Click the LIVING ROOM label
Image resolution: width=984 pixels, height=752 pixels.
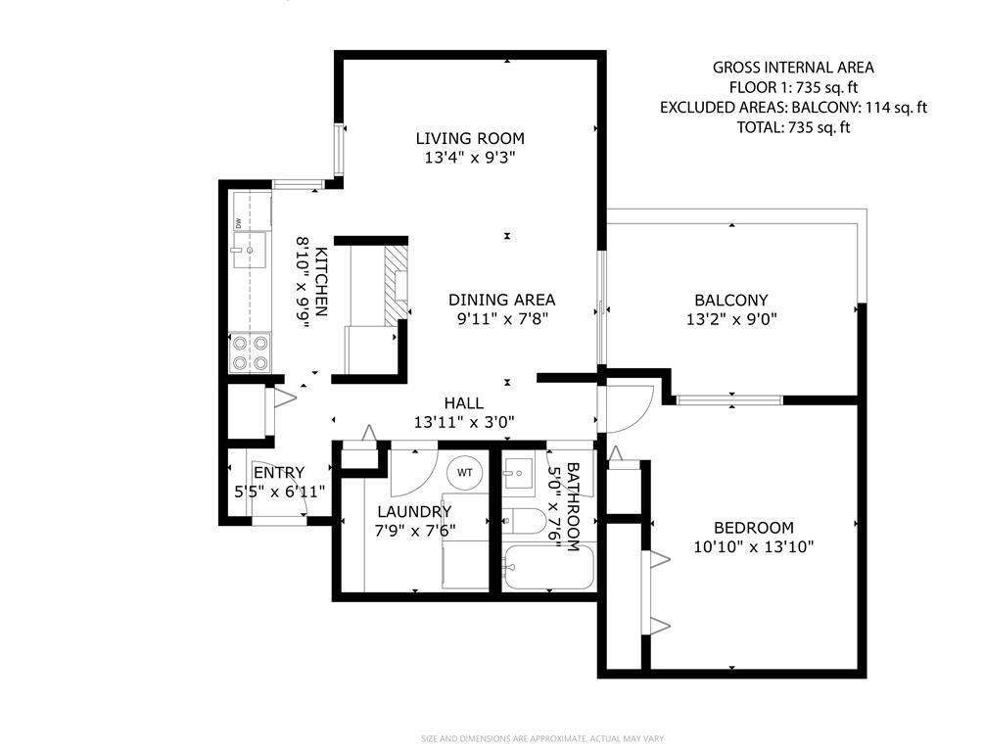click(470, 138)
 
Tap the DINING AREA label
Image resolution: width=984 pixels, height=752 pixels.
click(501, 300)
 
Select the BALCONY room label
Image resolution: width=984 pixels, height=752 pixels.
click(731, 300)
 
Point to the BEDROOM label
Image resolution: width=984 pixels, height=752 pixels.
click(754, 527)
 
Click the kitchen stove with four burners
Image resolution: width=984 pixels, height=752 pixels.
click(251, 352)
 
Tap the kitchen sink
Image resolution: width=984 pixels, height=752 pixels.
click(249, 250)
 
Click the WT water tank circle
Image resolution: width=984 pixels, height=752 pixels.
click(464, 473)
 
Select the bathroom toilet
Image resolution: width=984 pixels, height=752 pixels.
click(524, 521)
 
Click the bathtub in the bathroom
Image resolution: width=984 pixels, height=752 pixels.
click(548, 567)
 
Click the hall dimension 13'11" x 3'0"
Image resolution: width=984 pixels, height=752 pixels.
click(464, 422)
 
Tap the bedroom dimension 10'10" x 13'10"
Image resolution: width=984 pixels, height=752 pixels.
click(754, 546)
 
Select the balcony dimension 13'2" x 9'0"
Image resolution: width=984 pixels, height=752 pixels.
click(731, 319)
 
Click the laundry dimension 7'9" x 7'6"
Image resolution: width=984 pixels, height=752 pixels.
click(415, 531)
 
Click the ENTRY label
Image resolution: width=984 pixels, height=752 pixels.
click(279, 472)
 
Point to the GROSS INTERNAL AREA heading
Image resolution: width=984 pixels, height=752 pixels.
click(793, 68)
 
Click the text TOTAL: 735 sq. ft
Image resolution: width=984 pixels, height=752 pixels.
click(793, 127)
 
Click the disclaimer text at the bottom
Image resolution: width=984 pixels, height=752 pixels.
click(542, 739)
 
